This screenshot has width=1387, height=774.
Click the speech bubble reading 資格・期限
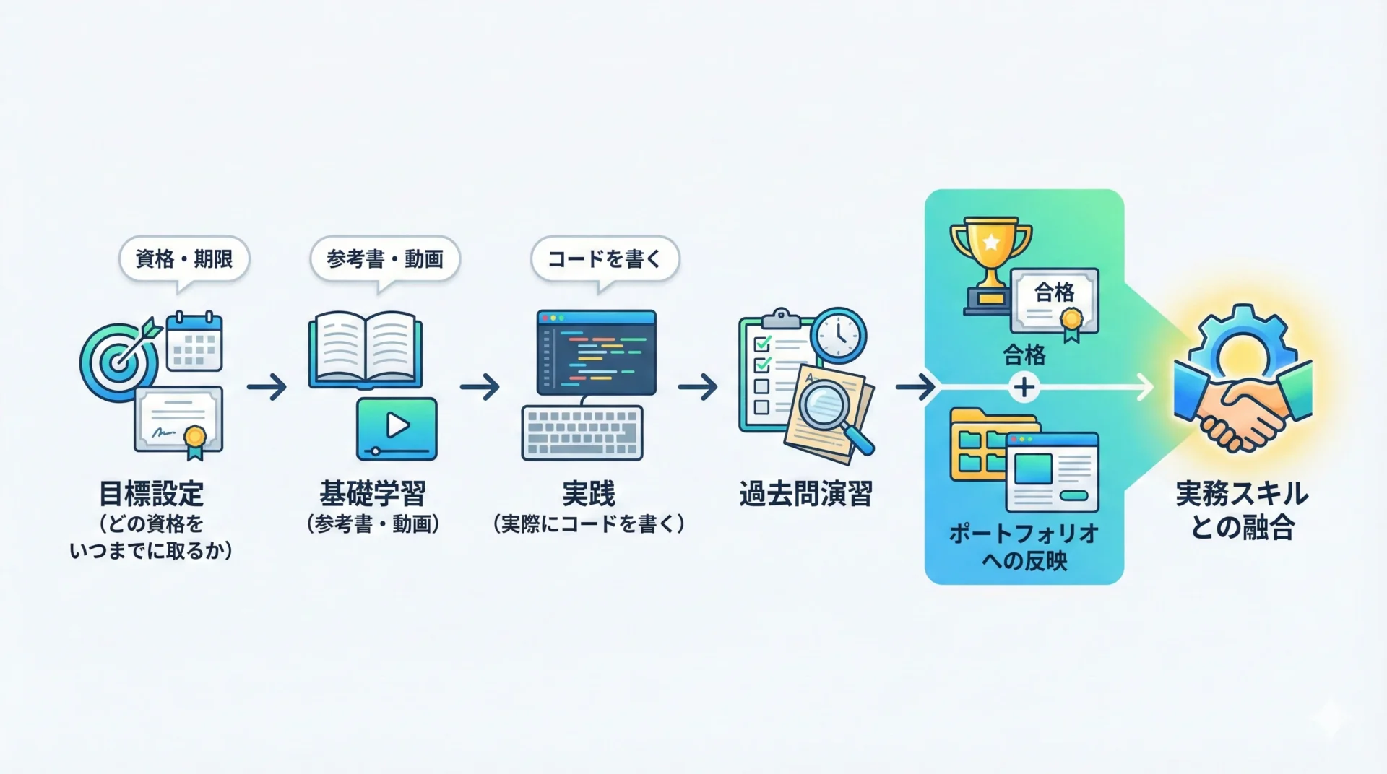pyautogui.click(x=184, y=258)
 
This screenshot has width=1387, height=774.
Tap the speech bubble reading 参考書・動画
pyautogui.click(x=384, y=258)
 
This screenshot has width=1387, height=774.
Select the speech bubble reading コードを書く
pyautogui.click(x=605, y=258)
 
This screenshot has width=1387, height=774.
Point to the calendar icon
pyautogui.click(x=194, y=342)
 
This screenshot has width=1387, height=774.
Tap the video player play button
pyautogui.click(x=397, y=427)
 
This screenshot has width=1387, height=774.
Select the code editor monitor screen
pyautogui.click(x=596, y=352)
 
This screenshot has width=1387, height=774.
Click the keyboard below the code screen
pyautogui.click(x=582, y=432)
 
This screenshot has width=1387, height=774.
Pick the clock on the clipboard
pyautogui.click(x=838, y=335)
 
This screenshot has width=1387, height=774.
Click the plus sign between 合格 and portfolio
pyautogui.click(x=1024, y=388)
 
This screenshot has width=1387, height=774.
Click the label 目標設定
pyautogui.click(x=152, y=494)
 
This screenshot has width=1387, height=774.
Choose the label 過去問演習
pyautogui.click(x=805, y=494)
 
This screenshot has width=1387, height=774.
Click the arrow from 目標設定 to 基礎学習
pyautogui.click(x=267, y=387)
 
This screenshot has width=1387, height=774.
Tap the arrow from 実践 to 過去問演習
pyautogui.click(x=697, y=387)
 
